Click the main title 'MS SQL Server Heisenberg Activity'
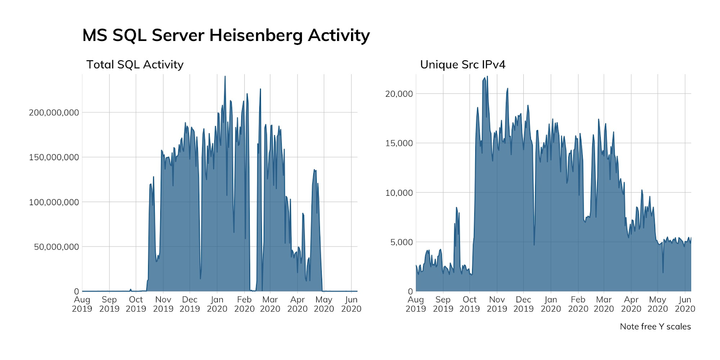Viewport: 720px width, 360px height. [x=226, y=35]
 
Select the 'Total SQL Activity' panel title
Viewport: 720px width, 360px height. [x=135, y=65]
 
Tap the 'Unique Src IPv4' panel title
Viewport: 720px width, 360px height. [x=463, y=65]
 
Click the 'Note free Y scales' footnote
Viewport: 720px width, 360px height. [x=655, y=327]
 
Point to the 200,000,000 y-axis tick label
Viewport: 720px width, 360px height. [x=54, y=112]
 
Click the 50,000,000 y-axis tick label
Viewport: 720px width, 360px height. [x=57, y=247]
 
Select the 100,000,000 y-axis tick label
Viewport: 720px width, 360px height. [x=54, y=202]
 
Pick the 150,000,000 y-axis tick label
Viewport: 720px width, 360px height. [x=54, y=157]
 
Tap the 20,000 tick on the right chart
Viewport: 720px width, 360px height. [x=399, y=94]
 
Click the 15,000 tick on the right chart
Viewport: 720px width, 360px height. [x=399, y=143]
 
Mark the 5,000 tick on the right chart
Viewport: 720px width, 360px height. [x=401, y=242]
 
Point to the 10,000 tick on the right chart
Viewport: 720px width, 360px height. [x=399, y=193]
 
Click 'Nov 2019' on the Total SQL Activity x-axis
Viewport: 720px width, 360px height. [x=163, y=304]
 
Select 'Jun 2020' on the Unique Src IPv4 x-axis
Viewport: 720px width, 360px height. [x=685, y=304]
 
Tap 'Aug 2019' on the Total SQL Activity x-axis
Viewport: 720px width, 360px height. [x=82, y=304]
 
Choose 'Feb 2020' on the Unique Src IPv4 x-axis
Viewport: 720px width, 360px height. [x=578, y=304]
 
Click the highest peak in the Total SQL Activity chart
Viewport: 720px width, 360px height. [x=225, y=76]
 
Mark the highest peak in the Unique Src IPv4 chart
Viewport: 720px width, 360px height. [x=487, y=76]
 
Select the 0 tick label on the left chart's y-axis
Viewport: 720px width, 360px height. [x=76, y=292]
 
